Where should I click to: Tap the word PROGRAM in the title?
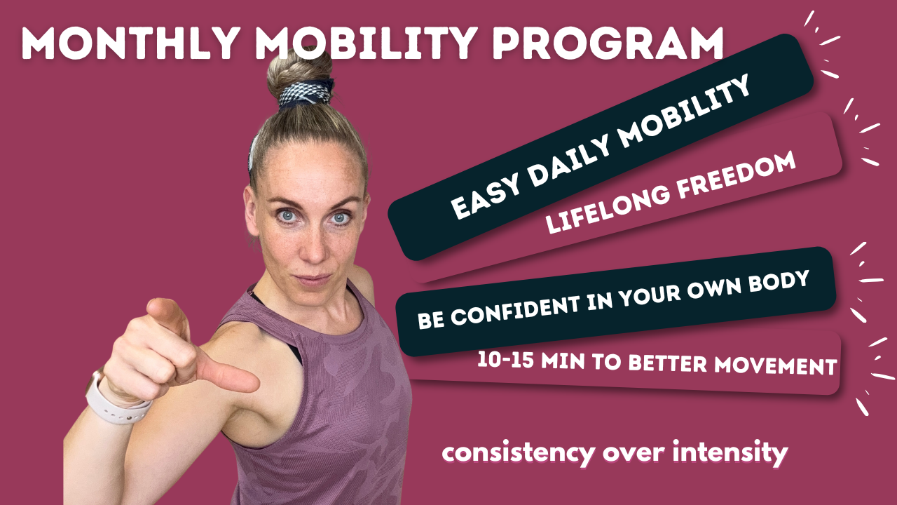tap(608, 43)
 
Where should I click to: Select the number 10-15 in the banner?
tap(505, 360)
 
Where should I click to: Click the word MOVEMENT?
tap(776, 365)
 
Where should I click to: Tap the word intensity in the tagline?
tap(730, 452)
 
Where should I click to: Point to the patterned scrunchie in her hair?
tap(306, 94)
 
